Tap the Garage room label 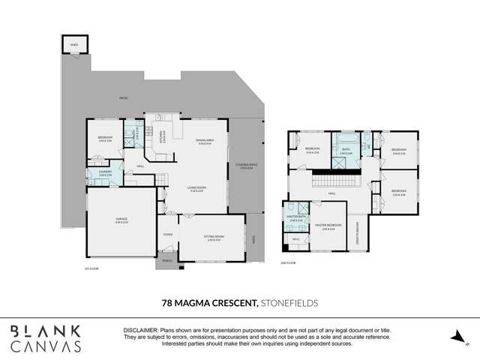point(121,220)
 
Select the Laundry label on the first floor point(104,172)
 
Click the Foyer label point(168,235)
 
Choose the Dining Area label point(205,141)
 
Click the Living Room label point(197,190)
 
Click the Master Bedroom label point(328,226)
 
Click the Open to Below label point(358,234)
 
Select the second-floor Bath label point(346,149)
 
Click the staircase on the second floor point(336,181)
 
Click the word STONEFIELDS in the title point(289,303)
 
